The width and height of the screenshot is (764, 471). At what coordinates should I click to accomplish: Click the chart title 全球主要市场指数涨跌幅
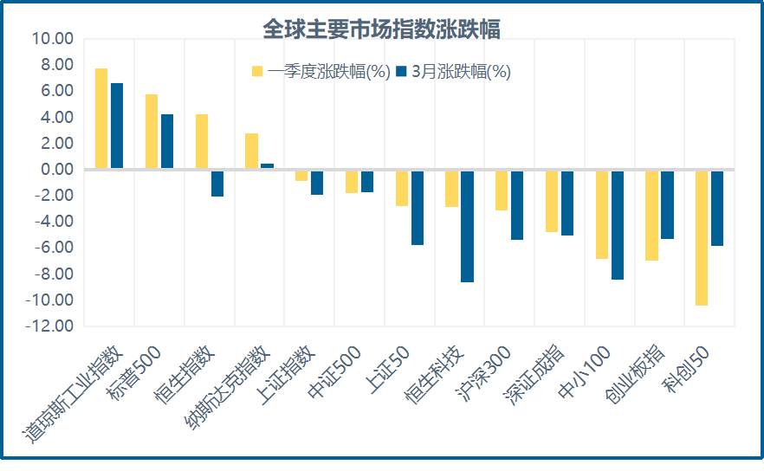click(x=381, y=29)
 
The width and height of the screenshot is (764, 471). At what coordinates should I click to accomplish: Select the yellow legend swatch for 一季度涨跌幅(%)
click(x=257, y=72)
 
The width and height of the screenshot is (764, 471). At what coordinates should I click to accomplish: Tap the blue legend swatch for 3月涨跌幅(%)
click(x=401, y=72)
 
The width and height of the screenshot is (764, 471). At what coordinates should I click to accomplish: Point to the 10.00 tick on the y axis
click(x=52, y=39)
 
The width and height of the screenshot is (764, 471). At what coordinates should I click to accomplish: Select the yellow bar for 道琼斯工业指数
click(x=101, y=119)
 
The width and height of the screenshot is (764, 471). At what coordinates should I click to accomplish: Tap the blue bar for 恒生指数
click(x=217, y=184)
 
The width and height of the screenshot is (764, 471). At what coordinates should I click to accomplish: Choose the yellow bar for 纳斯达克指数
click(x=251, y=152)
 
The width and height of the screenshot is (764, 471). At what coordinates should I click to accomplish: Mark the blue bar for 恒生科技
click(x=467, y=226)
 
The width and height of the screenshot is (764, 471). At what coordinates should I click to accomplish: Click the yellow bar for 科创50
click(x=702, y=238)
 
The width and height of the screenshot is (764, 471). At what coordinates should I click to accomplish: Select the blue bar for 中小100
click(x=618, y=225)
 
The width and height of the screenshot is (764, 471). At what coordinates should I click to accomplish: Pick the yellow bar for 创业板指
click(x=651, y=216)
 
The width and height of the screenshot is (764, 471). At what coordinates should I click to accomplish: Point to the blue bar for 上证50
click(x=418, y=208)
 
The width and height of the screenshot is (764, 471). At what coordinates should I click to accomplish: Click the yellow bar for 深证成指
click(x=551, y=202)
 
